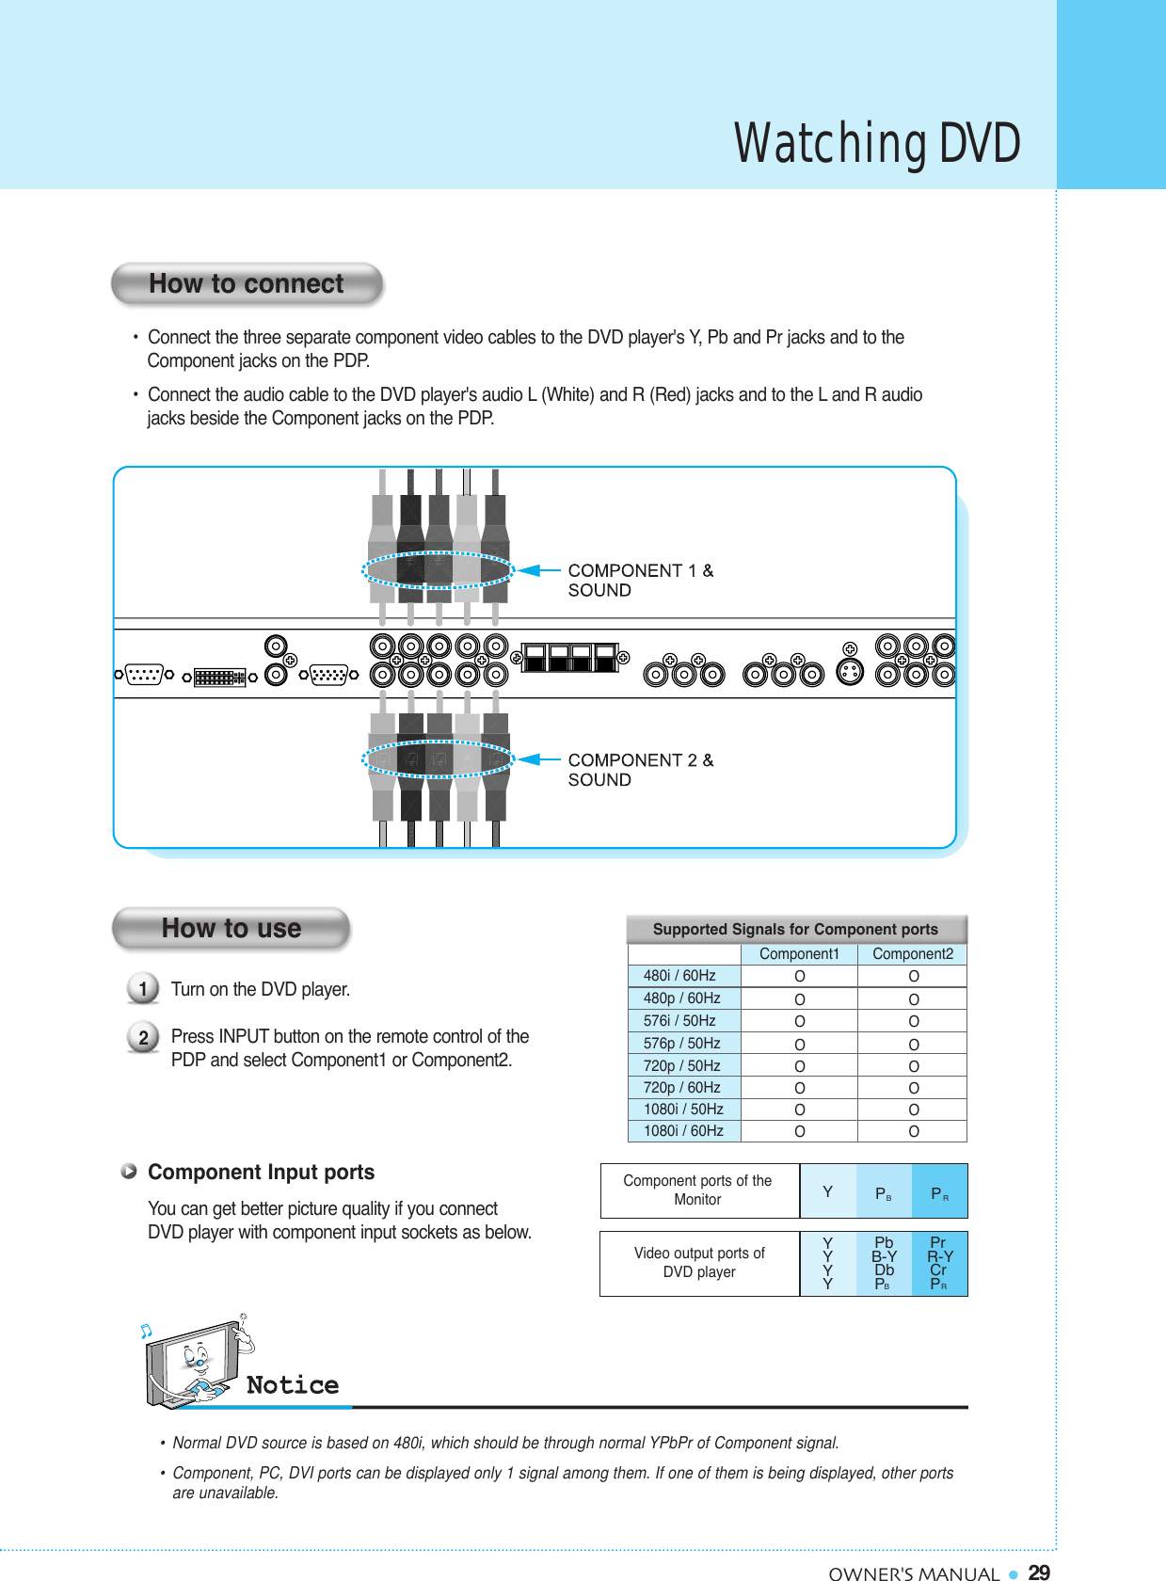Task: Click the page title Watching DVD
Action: point(877,144)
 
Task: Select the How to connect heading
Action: point(247,284)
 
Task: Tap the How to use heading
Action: point(232,929)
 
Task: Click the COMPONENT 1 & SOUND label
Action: point(640,581)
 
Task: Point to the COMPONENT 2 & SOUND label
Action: point(640,770)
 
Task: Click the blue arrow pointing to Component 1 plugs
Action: point(539,570)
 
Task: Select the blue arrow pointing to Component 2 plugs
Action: point(539,759)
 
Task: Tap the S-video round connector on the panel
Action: point(850,672)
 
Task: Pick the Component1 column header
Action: point(799,954)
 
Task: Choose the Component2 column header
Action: point(913,954)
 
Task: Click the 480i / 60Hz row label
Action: point(679,976)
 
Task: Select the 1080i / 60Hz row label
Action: point(683,1131)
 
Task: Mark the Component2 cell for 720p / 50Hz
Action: point(913,1066)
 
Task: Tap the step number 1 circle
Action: point(143,989)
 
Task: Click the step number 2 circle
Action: point(143,1038)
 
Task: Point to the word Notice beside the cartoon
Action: point(293,1385)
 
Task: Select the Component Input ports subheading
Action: point(261,1173)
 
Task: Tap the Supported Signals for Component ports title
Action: point(795,930)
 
